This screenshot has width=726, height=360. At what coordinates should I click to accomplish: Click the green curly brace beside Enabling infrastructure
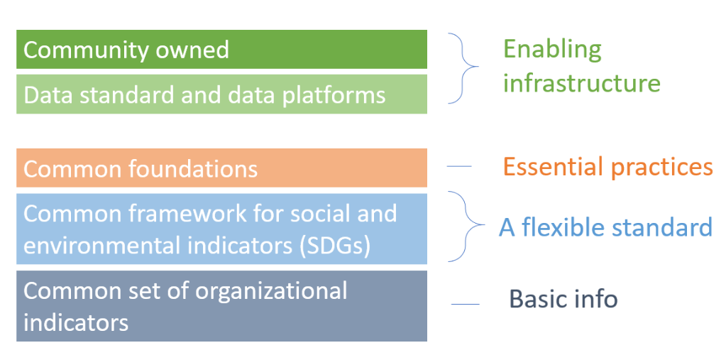(x=466, y=67)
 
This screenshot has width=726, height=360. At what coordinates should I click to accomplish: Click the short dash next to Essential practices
(x=459, y=166)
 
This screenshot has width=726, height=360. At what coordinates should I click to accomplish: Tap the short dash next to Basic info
(x=466, y=305)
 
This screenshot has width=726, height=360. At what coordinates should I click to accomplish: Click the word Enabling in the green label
(x=552, y=50)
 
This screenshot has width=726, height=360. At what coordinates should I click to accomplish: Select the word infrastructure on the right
(x=582, y=82)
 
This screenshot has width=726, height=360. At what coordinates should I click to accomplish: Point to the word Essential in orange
(x=552, y=166)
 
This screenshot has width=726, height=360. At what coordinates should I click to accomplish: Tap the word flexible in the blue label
(x=561, y=227)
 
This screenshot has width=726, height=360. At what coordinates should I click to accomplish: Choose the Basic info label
(x=563, y=299)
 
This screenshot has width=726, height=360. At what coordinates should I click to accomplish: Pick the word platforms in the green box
(x=334, y=95)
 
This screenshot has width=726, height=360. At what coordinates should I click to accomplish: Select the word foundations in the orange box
(x=192, y=169)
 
